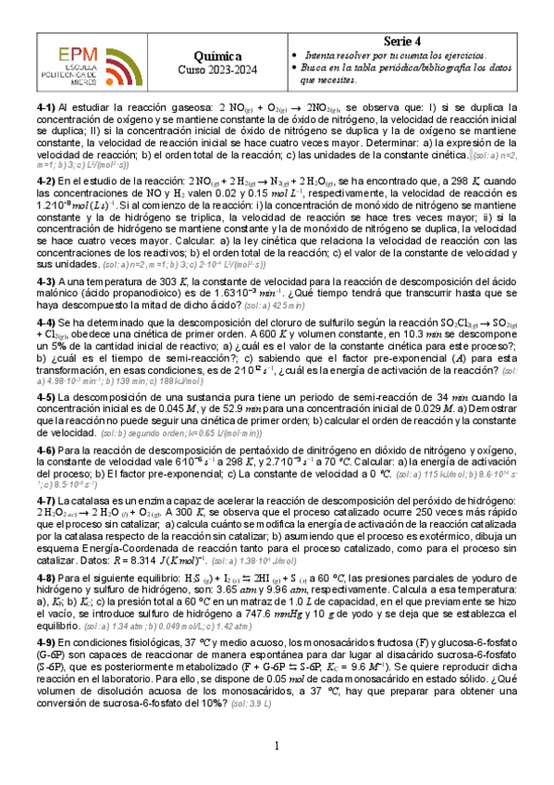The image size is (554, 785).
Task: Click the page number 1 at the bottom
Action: point(277,747)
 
